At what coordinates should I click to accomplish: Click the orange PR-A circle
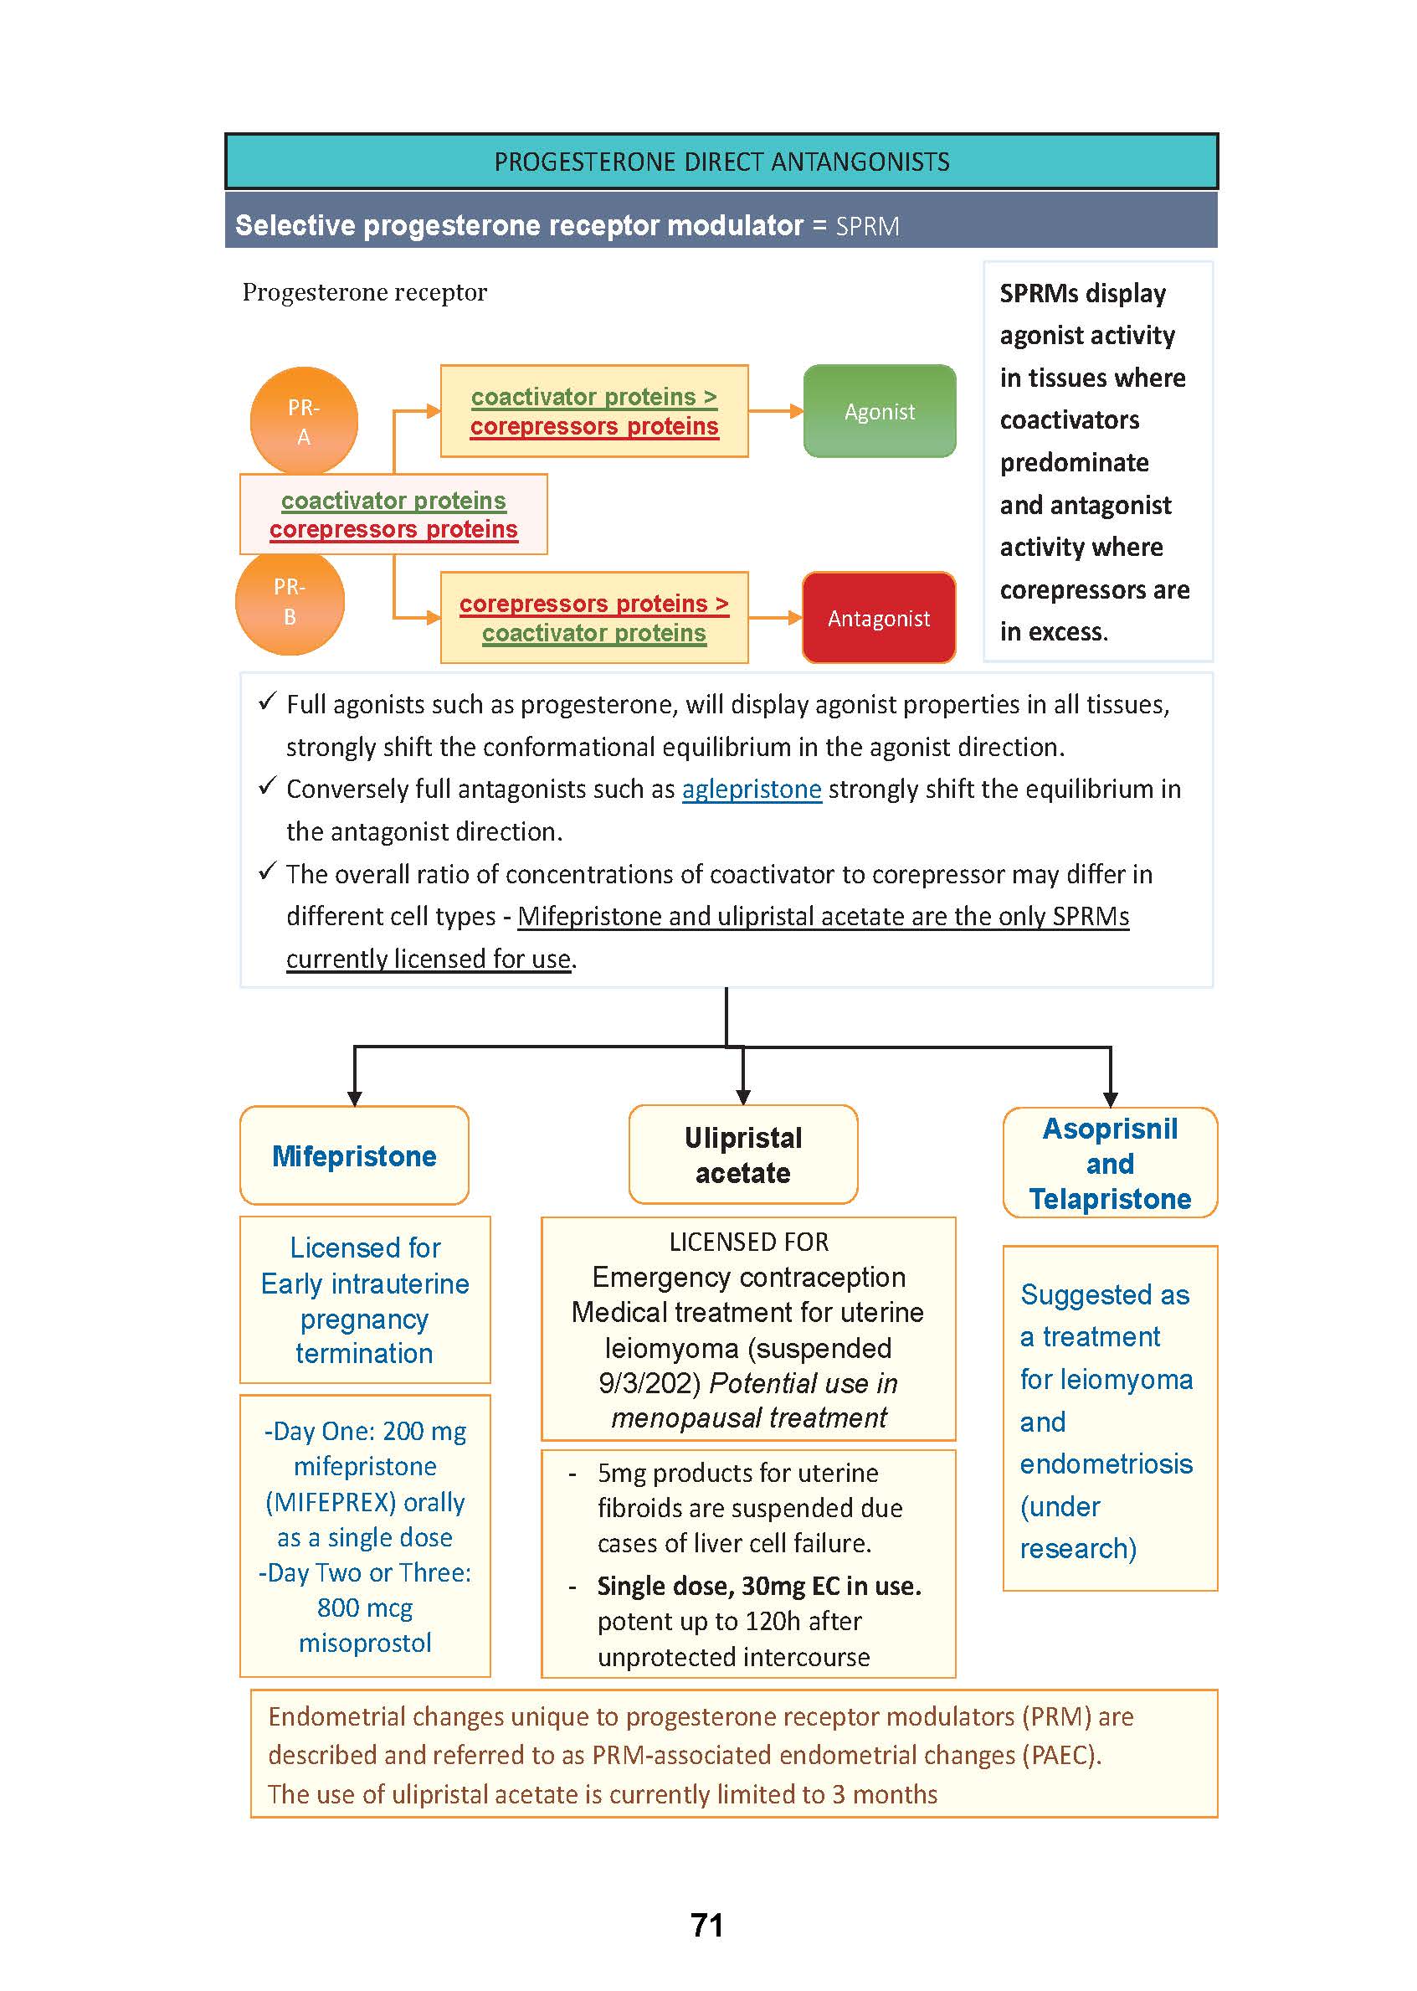pos(304,420)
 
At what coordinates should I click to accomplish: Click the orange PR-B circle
pos(290,601)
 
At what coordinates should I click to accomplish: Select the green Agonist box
pos(879,411)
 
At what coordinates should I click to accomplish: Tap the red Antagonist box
pos(878,618)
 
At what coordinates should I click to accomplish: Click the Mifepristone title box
pos(354,1155)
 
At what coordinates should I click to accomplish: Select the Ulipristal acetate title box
pos(742,1155)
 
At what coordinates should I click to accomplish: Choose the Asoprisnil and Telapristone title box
pos(1109,1163)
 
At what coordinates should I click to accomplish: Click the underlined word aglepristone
pos(752,789)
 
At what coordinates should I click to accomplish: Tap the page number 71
pos(706,1925)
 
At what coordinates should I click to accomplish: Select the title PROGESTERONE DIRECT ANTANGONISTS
pos(721,162)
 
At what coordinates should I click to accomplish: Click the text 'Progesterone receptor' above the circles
pos(364,292)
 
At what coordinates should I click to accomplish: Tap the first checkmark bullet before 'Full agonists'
pos(268,702)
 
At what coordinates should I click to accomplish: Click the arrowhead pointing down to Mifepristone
pos(354,1097)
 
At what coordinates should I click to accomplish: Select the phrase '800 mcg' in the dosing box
pos(365,1607)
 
